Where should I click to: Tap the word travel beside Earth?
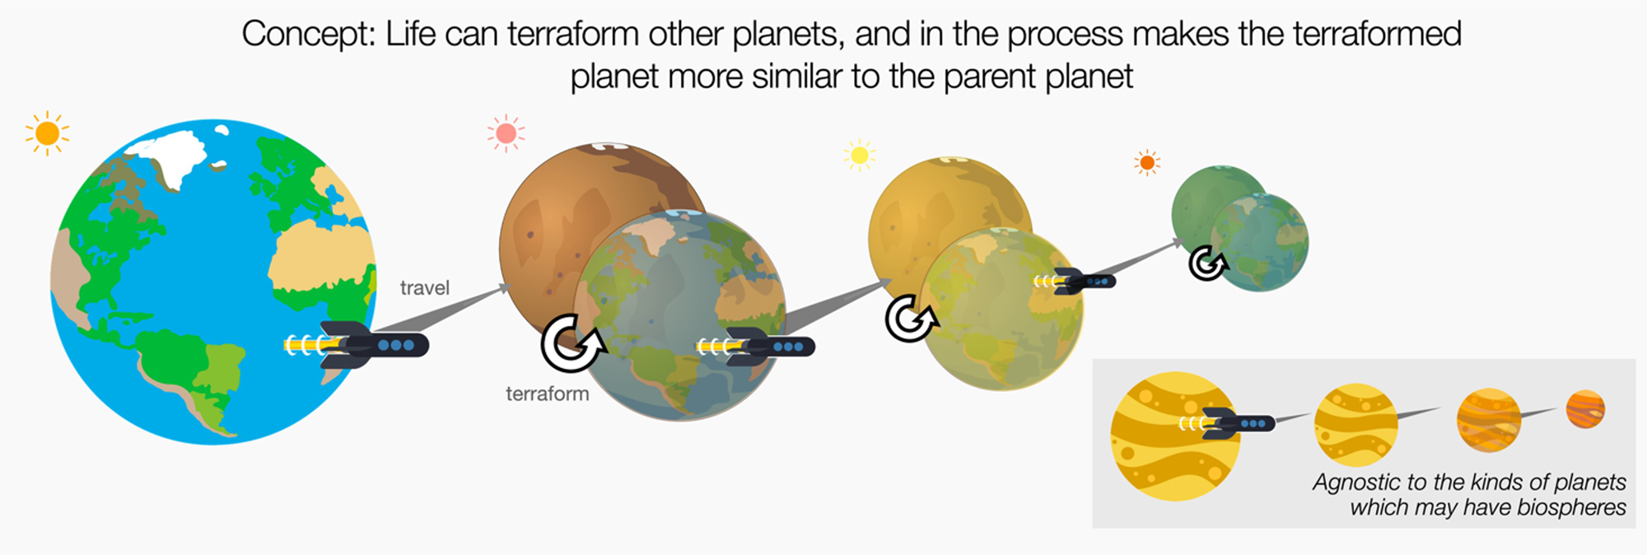(424, 287)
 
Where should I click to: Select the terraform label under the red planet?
(547, 394)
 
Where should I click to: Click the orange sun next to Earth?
(47, 133)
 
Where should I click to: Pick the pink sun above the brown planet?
(506, 133)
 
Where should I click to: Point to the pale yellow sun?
(859, 155)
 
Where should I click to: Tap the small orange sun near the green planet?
(1146, 163)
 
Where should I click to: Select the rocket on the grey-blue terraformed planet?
(758, 347)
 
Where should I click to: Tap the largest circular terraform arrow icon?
(571, 343)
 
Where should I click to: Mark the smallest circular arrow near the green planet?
(1207, 264)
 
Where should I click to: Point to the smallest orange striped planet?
(1585, 409)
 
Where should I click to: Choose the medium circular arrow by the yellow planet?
(909, 319)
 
